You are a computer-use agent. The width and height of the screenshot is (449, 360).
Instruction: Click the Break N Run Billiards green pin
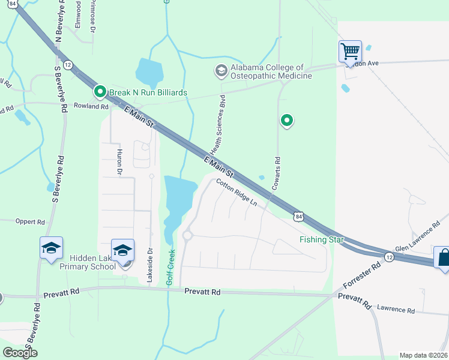coord(100,92)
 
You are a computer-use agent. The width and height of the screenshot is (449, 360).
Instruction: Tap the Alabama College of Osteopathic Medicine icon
coord(221,71)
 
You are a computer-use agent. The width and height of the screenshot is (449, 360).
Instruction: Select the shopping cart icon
coord(349,52)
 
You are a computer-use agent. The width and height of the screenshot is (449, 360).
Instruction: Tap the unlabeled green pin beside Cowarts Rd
coord(287,121)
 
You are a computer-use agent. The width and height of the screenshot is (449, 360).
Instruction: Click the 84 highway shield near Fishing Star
coord(298,215)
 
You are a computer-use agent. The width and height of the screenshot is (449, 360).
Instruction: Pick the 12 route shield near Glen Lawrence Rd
coord(389,257)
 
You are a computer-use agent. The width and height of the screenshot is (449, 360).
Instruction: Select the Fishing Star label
coord(322,240)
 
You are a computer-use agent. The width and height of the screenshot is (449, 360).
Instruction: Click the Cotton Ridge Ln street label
coord(237,193)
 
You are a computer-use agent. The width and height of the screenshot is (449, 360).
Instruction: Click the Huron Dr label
coord(119,163)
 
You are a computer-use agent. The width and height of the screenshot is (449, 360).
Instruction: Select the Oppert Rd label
coord(31,221)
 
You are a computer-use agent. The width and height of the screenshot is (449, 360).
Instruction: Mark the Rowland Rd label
coord(91,107)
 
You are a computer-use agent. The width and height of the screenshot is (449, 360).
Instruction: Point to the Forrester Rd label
coord(363,275)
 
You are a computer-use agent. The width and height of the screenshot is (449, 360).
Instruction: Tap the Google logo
coord(20,353)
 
